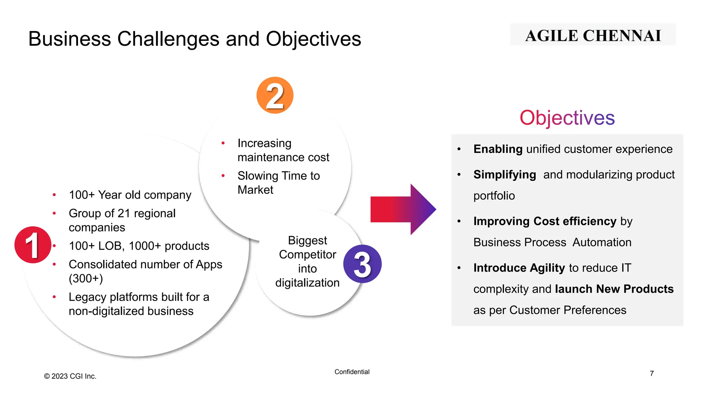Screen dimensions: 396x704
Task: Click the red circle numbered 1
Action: click(x=33, y=245)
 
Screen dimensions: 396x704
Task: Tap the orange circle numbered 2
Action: click(x=275, y=95)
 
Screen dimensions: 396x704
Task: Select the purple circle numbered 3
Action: click(x=362, y=264)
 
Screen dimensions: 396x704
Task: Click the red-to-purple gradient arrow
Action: click(x=402, y=209)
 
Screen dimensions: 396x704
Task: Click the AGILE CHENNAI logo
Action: click(x=593, y=35)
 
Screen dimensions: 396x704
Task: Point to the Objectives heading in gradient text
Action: click(x=567, y=118)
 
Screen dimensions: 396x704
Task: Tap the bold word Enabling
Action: click(x=497, y=149)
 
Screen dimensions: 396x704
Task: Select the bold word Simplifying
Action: click(x=504, y=175)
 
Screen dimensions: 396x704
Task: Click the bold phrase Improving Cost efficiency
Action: click(x=544, y=221)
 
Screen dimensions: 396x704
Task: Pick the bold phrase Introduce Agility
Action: click(x=519, y=268)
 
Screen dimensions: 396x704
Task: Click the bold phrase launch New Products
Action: click(x=614, y=289)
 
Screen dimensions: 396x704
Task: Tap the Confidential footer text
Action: click(x=352, y=372)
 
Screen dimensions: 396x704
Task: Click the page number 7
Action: click(x=651, y=373)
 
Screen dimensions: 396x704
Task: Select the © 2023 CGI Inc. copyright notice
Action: click(x=70, y=376)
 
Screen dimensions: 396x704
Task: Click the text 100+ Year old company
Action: click(x=130, y=195)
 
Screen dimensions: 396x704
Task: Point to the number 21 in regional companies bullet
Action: click(x=123, y=213)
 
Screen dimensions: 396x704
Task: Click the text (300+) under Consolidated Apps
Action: click(x=86, y=278)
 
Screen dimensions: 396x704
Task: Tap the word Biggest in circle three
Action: click(x=307, y=240)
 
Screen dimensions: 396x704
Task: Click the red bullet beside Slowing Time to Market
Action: click(x=223, y=176)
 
